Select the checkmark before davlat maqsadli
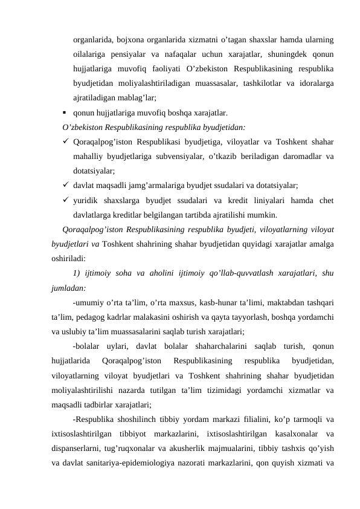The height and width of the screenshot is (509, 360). click(64, 186)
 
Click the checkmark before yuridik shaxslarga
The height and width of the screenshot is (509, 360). click(64, 200)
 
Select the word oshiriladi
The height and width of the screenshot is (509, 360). click(69, 258)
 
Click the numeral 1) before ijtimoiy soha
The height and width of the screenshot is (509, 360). click(76, 273)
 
